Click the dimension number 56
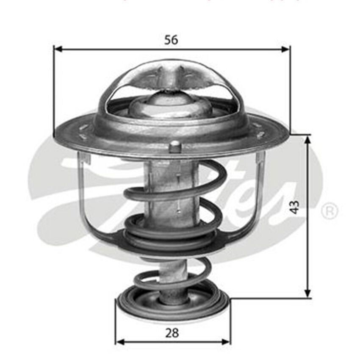[171, 40]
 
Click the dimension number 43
[295, 207]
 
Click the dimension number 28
[172, 332]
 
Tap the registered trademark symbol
[329, 211]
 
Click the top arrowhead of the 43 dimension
[308, 139]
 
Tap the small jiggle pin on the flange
[175, 147]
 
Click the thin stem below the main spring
[173, 267]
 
